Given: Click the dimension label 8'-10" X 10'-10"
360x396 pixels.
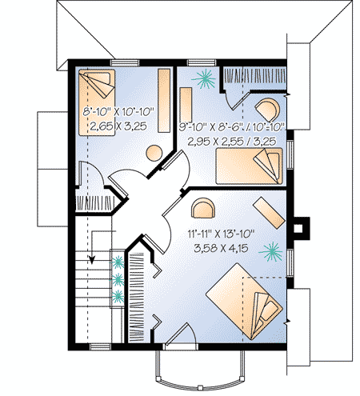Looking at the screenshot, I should [118, 111].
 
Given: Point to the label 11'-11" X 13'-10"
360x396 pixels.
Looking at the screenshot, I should [222, 234].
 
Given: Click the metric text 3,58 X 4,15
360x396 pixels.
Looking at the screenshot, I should [222, 249].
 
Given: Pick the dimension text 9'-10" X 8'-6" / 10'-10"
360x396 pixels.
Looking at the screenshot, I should [232, 126].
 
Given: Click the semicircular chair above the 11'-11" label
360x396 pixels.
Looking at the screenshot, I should [204, 208].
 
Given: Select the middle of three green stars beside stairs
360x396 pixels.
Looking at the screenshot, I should [118, 278].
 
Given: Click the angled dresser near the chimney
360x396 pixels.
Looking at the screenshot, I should [274, 214].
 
